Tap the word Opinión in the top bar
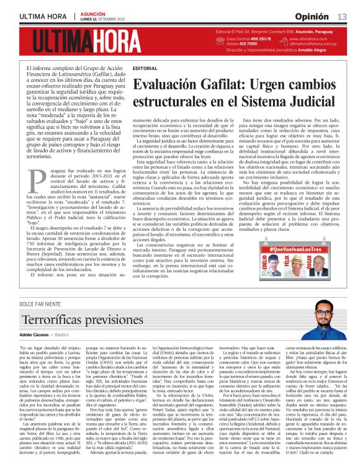[x=312, y=16]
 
